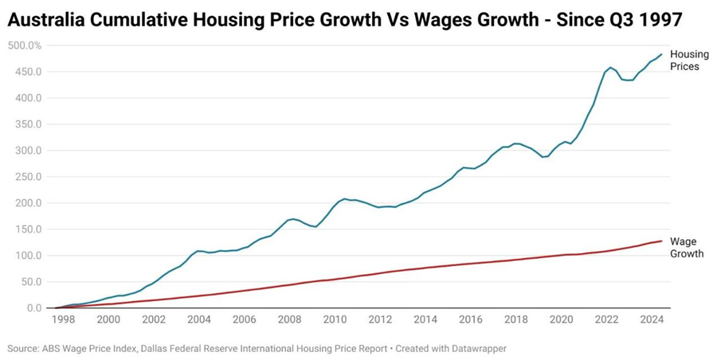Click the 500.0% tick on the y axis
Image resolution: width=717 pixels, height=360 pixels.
pyautogui.click(x=26, y=45)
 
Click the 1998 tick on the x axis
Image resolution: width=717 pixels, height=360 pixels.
pyautogui.click(x=63, y=319)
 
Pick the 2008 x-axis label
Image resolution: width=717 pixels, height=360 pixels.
pyautogui.click(x=289, y=319)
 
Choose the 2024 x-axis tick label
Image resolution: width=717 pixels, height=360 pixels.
pyautogui.click(x=652, y=319)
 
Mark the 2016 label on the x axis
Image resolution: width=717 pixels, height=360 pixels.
pyautogui.click(x=470, y=319)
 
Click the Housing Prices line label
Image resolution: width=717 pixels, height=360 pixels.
pyautogui.click(x=684, y=61)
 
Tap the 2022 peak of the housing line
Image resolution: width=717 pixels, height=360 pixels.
pyautogui.click(x=610, y=68)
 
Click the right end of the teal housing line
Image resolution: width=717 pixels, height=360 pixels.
pyautogui.click(x=661, y=54)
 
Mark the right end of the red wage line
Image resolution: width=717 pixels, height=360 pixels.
pyautogui.click(x=661, y=241)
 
